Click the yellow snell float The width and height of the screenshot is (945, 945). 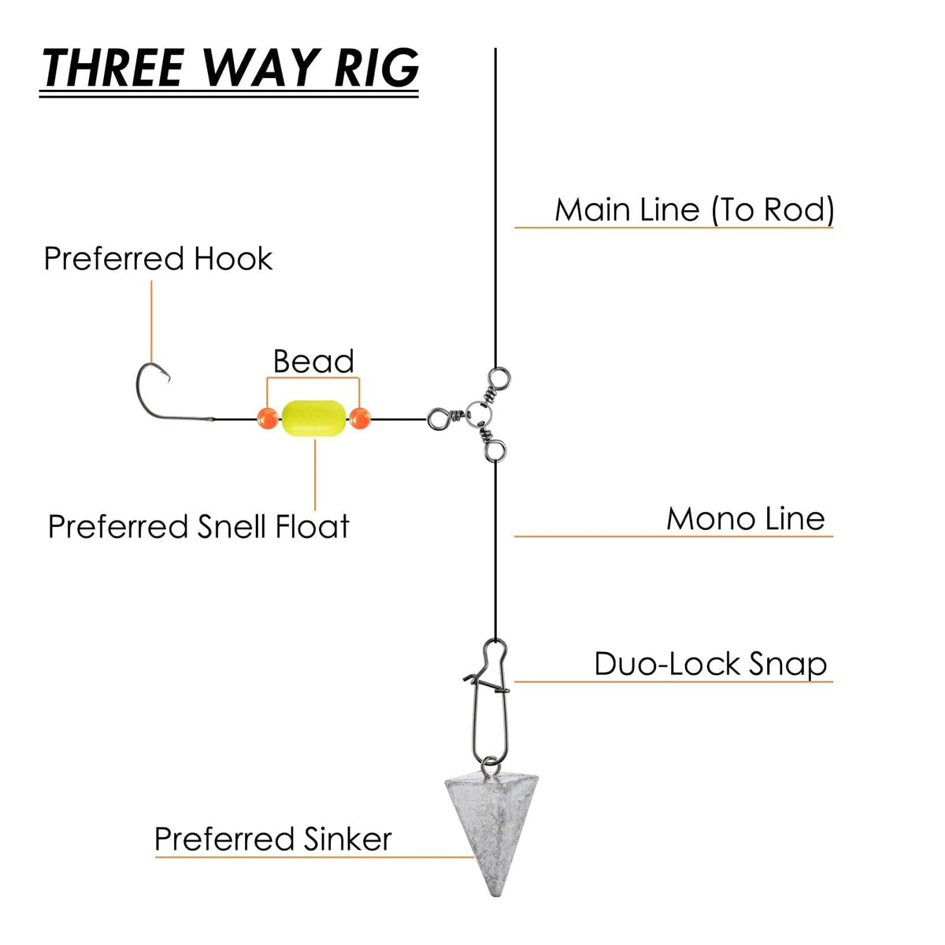313,417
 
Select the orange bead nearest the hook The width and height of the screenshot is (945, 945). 268,418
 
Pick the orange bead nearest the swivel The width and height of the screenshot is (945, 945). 359,418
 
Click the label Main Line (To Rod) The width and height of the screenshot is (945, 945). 694,210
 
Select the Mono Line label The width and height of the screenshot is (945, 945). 745,519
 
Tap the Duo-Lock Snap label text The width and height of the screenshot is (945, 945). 710,664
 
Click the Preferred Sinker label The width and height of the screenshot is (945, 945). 272,839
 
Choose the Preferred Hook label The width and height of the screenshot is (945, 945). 157,259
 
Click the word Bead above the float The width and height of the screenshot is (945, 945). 313,361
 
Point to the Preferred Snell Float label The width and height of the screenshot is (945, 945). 198,527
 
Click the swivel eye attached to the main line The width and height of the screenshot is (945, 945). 496,377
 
